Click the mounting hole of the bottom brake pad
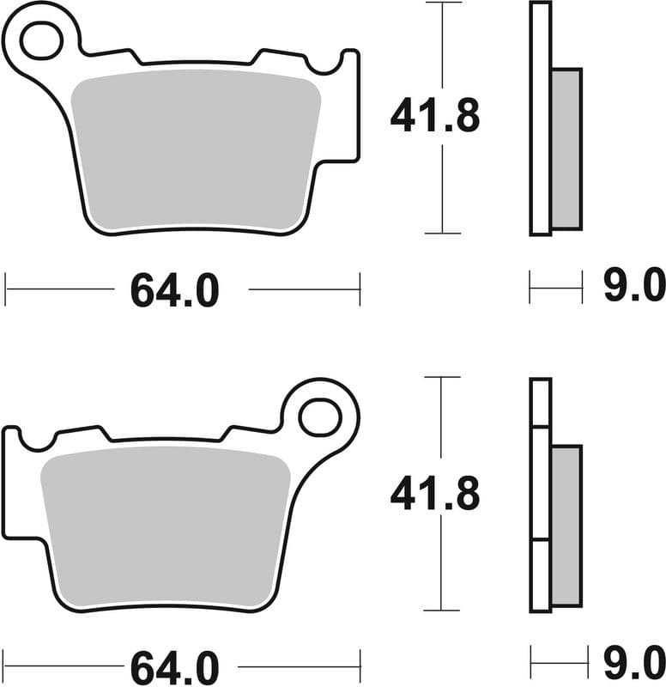(319, 416)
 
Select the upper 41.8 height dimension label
(434, 116)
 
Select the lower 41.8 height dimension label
(434, 495)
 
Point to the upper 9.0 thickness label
(634, 287)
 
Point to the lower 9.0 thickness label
(634, 663)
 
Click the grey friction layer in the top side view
(566, 148)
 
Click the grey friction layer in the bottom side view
(566, 526)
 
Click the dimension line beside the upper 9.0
(555, 288)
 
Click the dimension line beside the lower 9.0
(555, 664)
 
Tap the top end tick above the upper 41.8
(443, 3)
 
